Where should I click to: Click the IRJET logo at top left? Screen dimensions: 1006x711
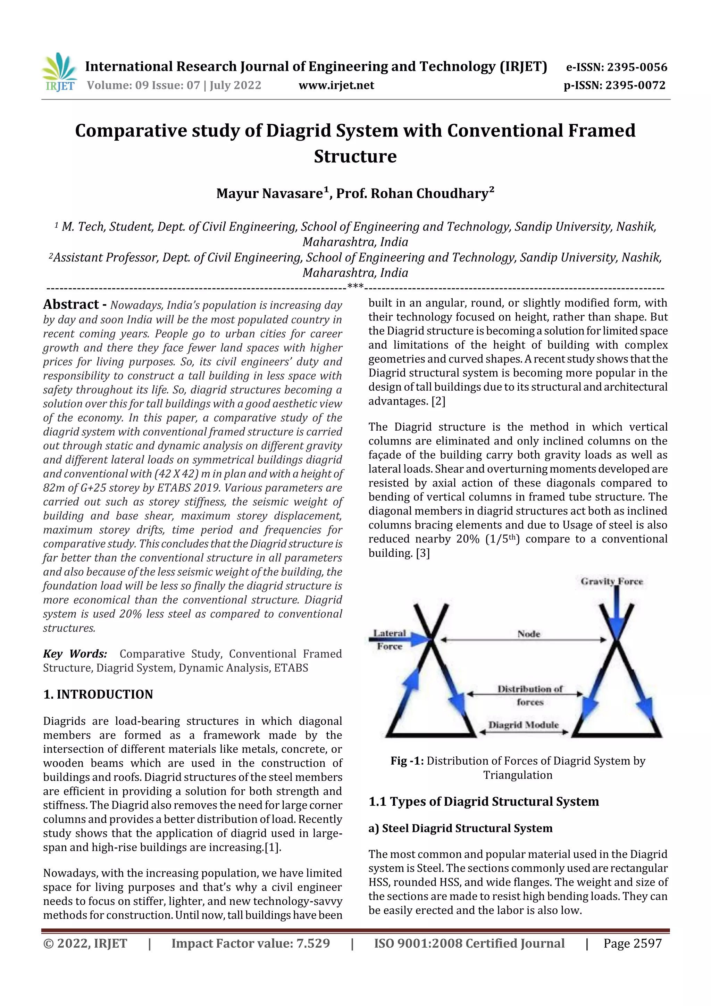tap(59, 72)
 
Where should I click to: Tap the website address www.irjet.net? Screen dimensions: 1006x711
tap(336, 85)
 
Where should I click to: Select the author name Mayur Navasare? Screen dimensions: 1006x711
tap(271, 193)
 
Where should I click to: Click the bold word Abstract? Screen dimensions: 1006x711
tap(71, 305)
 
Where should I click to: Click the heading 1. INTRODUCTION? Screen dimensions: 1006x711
tap(98, 694)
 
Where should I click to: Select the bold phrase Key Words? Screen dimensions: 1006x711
tap(75, 654)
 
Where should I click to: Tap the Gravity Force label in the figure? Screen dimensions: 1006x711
tap(612, 581)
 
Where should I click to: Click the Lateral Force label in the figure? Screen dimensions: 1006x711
tap(390, 639)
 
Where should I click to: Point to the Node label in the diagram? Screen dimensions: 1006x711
tap(529, 634)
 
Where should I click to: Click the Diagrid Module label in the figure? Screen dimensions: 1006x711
tap(524, 725)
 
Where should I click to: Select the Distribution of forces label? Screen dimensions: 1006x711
tap(530, 695)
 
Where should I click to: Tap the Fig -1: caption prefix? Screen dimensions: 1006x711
tap(407, 760)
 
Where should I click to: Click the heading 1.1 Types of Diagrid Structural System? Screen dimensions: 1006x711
tap(483, 801)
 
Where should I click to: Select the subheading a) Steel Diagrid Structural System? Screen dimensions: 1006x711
tap(460, 828)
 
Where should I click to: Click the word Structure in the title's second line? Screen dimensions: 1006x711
tap(355, 156)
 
